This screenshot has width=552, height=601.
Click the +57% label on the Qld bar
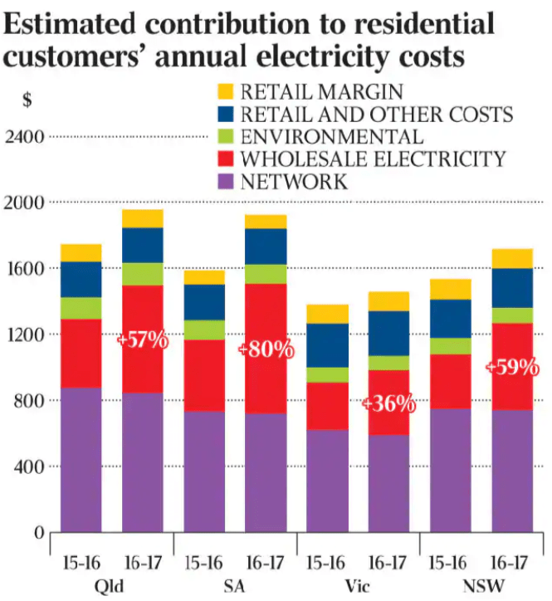coord(143,341)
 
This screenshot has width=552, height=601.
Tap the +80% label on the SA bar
coord(266,349)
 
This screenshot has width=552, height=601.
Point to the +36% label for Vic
coord(388,404)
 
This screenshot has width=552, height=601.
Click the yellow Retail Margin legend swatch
coord(225,91)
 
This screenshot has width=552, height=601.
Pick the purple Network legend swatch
coord(225,181)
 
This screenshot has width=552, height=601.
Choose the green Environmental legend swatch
coord(225,136)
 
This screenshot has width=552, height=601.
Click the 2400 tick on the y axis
coord(25,136)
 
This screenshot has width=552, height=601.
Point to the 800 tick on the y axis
coord(30,400)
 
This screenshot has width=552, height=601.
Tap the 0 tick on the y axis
coord(39,532)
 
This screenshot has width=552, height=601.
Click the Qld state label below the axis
coord(111,586)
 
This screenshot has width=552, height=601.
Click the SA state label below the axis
coord(235,586)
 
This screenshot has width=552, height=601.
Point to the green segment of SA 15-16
coord(204,330)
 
